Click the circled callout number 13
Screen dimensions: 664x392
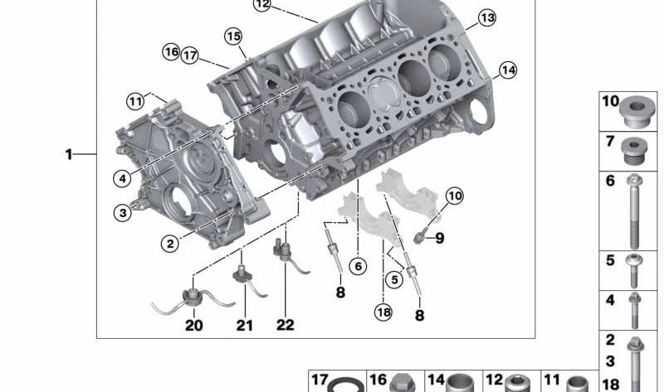[x=487, y=17]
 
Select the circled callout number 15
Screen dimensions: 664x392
[x=233, y=36]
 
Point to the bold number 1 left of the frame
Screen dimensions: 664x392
[x=69, y=155]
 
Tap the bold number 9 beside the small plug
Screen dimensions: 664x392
[x=440, y=239]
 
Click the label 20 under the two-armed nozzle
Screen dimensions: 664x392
[x=194, y=325]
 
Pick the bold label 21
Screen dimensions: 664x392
[x=245, y=325]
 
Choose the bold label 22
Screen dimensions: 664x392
[x=286, y=325]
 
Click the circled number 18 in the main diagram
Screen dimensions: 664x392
[x=383, y=312]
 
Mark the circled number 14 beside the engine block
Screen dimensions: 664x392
[x=508, y=70]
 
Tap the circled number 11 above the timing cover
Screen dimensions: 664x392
[x=135, y=101]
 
